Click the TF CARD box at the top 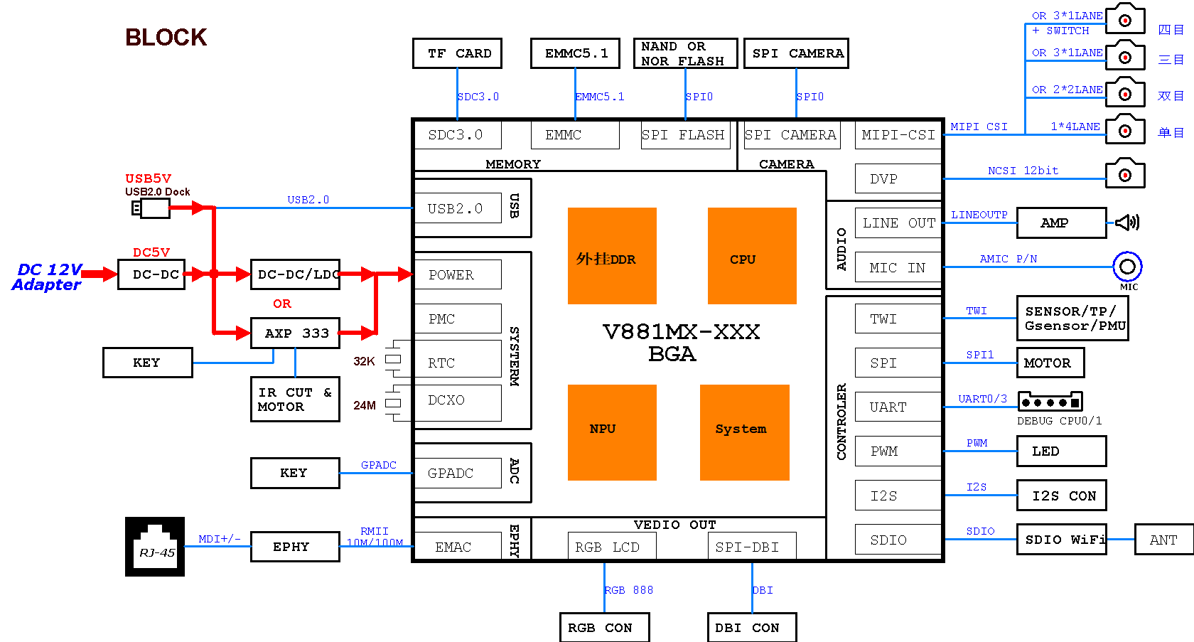coord(457,53)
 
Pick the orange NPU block coord(612,432)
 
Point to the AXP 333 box coord(295,333)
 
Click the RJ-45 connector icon coord(155,546)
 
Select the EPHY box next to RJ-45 coord(295,547)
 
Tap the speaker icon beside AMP coord(1127,223)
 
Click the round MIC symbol coord(1127,267)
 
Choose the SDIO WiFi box coord(1062,540)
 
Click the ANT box coord(1163,540)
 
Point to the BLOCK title coord(166,37)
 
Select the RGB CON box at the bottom coord(604,627)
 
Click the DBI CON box coord(752,627)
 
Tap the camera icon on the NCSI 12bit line coord(1125,173)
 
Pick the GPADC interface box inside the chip coord(458,473)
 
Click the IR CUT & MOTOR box coord(295,400)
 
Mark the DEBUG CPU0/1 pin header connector coord(1050,402)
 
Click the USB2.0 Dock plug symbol coord(151,208)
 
